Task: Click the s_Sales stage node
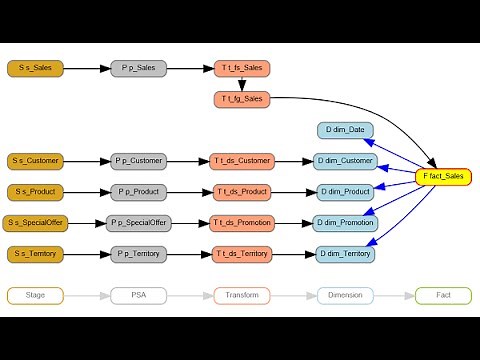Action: tap(36, 68)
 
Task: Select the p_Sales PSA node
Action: tap(139, 68)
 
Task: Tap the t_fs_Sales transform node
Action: tap(241, 68)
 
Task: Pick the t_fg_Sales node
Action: tap(241, 99)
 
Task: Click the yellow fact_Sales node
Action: tap(443, 176)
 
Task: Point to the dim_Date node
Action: tap(345, 130)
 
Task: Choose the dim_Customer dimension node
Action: tap(345, 160)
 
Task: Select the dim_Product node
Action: tap(345, 191)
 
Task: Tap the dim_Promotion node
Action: tap(345, 222)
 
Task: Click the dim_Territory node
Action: tap(345, 253)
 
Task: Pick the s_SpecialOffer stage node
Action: tap(36, 222)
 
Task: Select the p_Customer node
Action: tap(139, 160)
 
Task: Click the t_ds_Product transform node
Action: tap(241, 191)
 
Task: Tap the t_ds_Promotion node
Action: tap(241, 222)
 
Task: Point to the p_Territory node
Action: tap(139, 253)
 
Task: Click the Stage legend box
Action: tap(36, 295)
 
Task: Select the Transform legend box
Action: tap(241, 295)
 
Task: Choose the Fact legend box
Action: tap(443, 295)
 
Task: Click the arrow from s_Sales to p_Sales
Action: tap(88, 68)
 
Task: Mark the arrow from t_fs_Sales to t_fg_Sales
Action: tap(241, 84)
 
